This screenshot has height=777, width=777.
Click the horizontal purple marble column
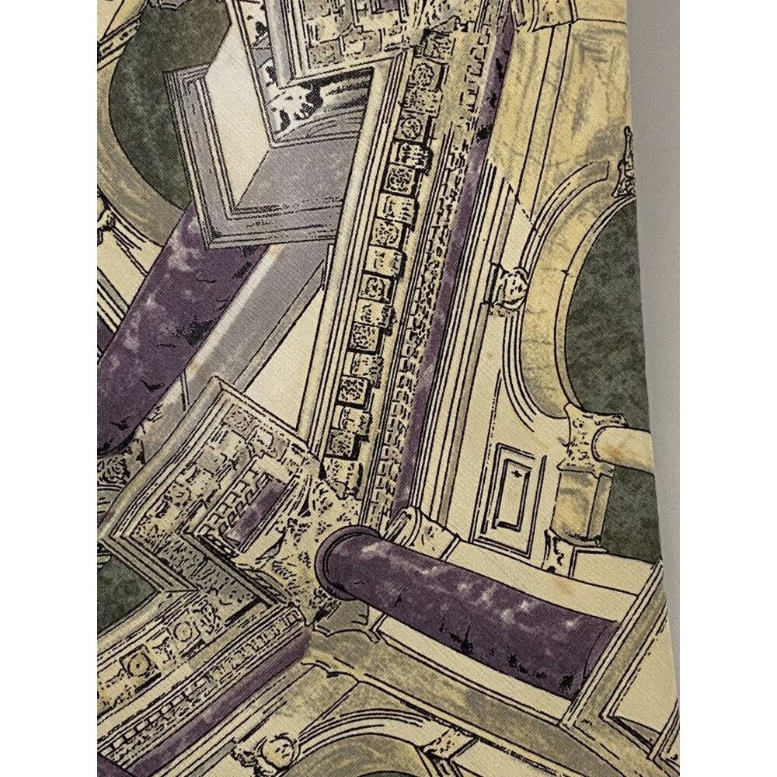474,598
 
